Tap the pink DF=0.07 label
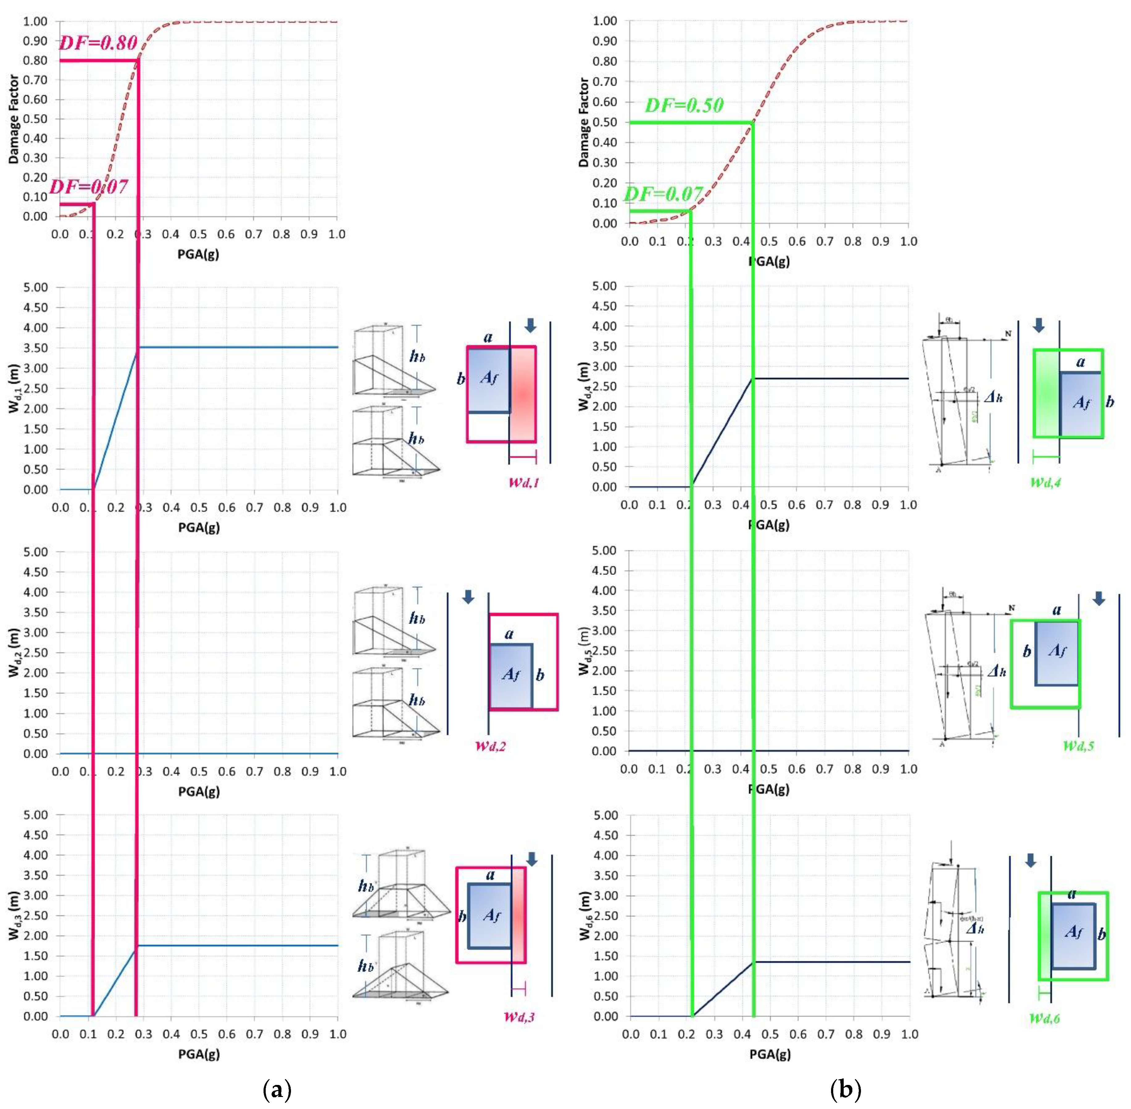89,186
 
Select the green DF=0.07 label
663,194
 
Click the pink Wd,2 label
490,746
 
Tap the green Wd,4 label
1046,482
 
